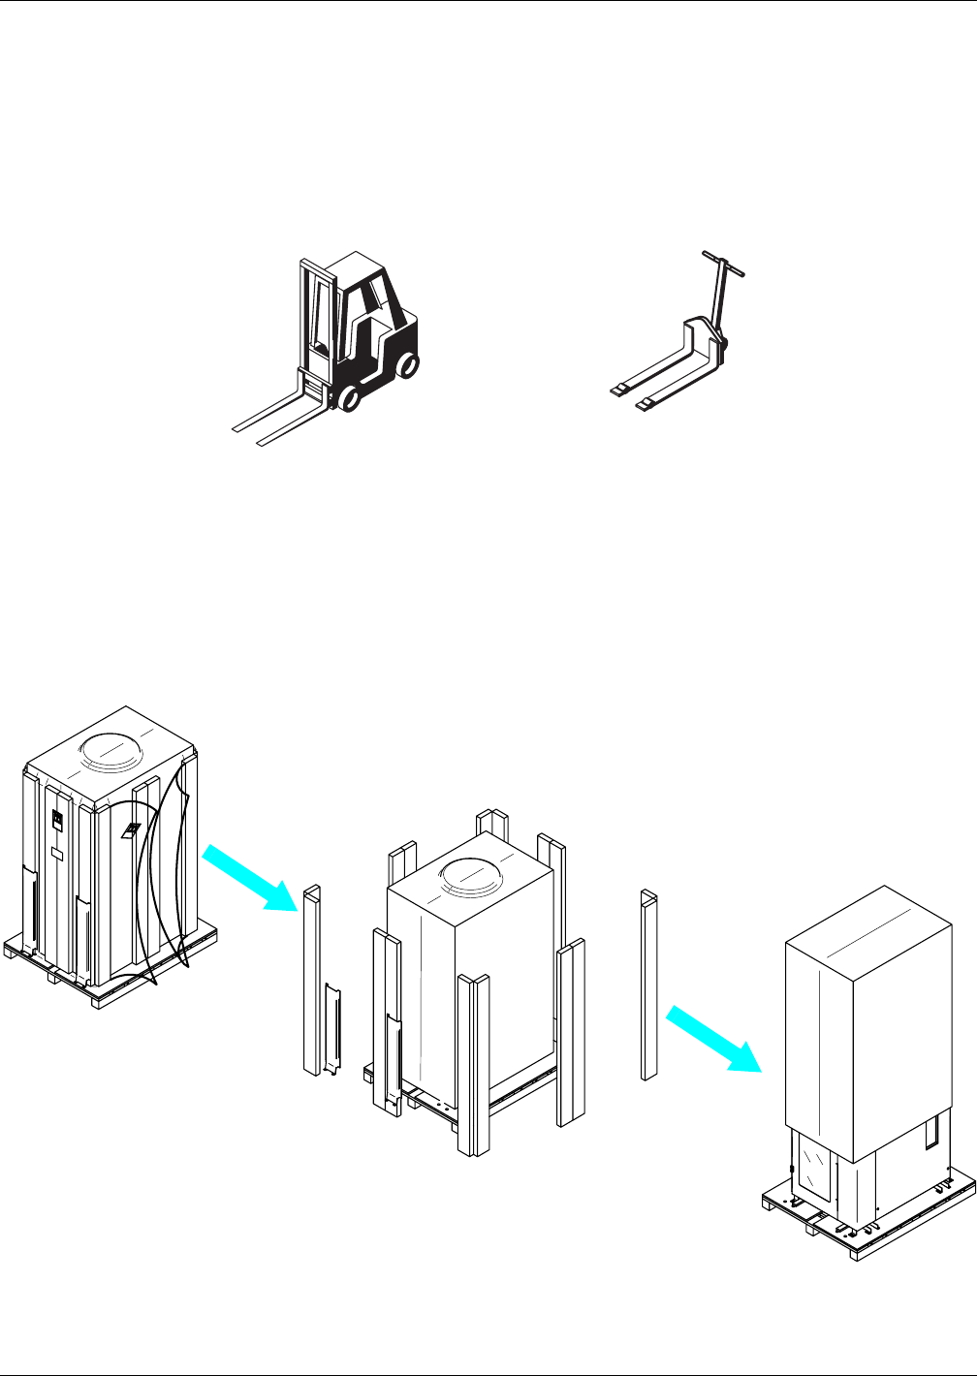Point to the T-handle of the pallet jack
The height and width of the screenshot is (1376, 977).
pos(724,265)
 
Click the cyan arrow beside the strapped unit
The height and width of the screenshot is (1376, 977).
pos(249,877)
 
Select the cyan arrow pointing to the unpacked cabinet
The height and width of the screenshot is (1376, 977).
pos(713,1038)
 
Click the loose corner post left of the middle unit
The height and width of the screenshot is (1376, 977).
pos(312,979)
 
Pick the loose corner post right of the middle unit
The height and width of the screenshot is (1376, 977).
pos(649,984)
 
